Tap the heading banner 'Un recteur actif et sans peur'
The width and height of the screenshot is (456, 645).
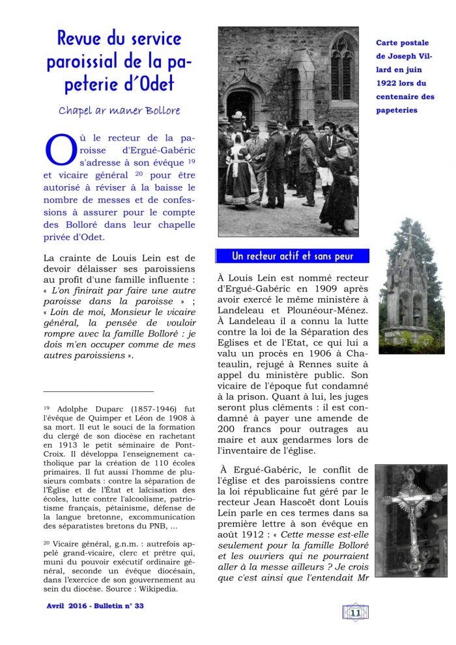pos(292,256)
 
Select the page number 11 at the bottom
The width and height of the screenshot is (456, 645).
pos(355,612)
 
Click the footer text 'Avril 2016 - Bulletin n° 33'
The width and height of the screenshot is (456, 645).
pos(95,605)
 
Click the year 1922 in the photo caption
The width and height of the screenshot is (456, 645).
pos(385,83)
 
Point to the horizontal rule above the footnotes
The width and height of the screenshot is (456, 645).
pos(98,391)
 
